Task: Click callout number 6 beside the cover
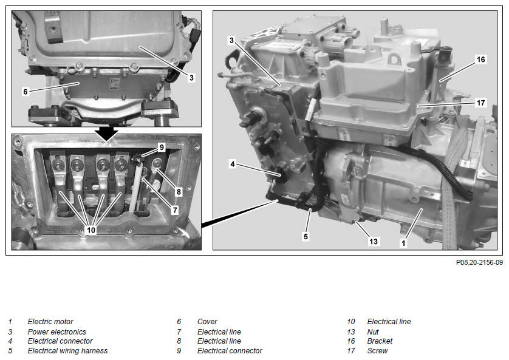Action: tap(26, 92)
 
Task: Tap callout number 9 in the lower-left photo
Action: tap(162, 148)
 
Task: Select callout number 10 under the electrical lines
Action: tap(91, 230)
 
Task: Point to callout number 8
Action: tap(179, 192)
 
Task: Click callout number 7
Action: tap(175, 210)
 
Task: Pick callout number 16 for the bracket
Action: tap(481, 59)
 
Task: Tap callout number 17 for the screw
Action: tap(481, 103)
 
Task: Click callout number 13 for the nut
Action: tap(374, 241)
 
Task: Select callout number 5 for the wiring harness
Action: tap(306, 236)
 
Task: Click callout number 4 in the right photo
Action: tap(233, 164)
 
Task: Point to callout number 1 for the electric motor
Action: tap(403, 243)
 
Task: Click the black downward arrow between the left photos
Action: tap(106, 134)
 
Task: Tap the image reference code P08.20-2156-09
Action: tap(479, 262)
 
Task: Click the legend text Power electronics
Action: tap(57, 332)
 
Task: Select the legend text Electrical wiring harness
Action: tap(67, 351)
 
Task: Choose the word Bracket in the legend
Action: tap(380, 341)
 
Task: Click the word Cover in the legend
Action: tap(207, 322)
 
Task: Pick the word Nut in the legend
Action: tap(373, 332)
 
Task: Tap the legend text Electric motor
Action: tap(50, 322)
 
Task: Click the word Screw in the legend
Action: tap(377, 351)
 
